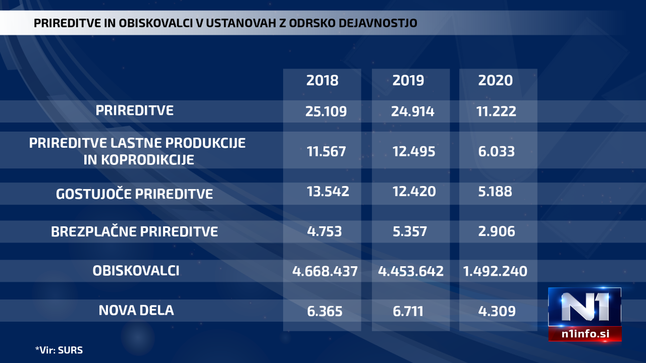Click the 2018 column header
322,80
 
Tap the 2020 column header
495,80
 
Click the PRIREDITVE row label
135,110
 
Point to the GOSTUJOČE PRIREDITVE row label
135,194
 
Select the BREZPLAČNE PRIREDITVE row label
135,231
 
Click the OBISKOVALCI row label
136,271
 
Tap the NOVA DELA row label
136,310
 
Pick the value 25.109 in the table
326,111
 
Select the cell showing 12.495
413,151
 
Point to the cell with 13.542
328,192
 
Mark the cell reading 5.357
409,231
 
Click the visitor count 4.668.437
325,271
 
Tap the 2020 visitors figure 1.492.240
495,271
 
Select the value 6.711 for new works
409,311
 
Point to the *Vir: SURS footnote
59,349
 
